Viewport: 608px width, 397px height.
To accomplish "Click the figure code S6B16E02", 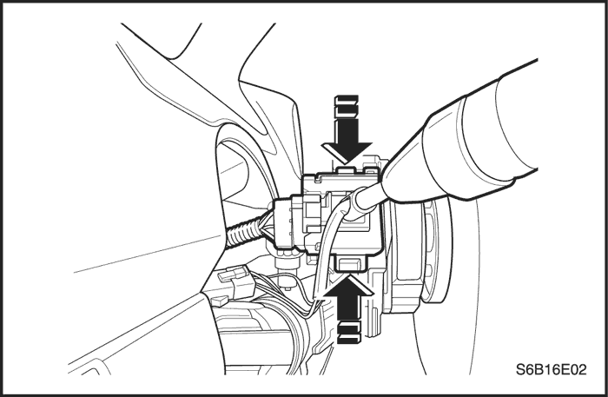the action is click(551, 369).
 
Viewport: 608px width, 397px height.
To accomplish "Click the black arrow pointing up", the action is click(348, 310).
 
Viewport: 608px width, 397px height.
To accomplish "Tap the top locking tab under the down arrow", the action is click(346, 170).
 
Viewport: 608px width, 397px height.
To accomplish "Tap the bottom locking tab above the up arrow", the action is click(350, 265).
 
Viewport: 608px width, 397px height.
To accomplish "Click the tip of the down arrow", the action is click(347, 162).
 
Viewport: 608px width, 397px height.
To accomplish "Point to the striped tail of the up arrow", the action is click(348, 333).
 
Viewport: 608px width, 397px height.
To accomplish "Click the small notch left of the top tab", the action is click(318, 177).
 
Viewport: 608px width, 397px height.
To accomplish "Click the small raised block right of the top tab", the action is click(372, 169).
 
